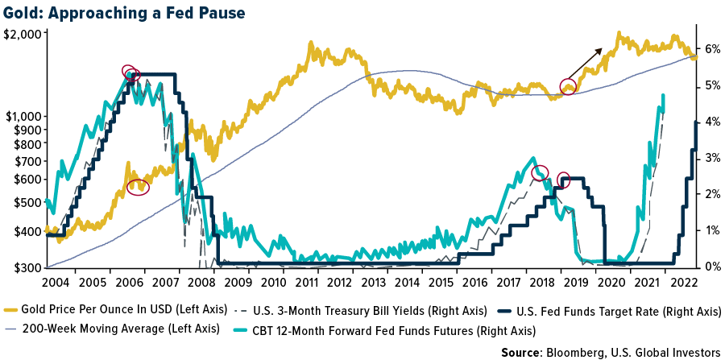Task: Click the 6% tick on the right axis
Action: coord(713,48)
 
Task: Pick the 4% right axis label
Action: coord(713,122)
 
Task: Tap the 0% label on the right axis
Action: coord(713,267)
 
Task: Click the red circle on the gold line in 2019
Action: coord(569,86)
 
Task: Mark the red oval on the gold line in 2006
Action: coord(139,186)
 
